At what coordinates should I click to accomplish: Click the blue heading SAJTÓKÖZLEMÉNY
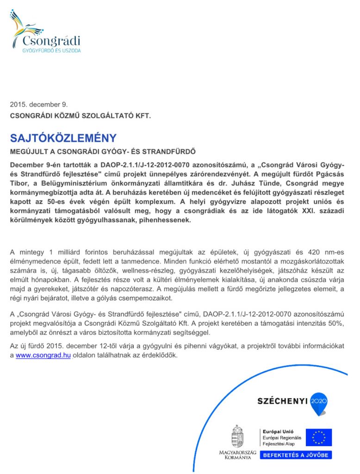click(x=63, y=138)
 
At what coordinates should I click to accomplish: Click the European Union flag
click(x=319, y=437)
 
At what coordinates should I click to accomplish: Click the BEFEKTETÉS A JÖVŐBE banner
click(x=296, y=455)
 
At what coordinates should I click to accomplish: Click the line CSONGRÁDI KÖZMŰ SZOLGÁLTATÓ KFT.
click(x=81, y=116)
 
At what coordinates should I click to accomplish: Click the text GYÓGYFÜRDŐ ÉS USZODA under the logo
click(x=51, y=50)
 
